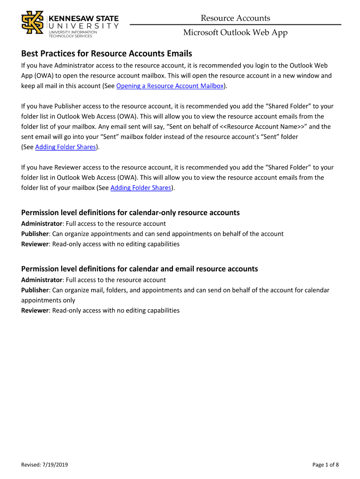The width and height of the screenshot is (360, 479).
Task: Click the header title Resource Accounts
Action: pos(235,18)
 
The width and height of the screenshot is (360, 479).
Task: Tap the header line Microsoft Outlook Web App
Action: pos(235,32)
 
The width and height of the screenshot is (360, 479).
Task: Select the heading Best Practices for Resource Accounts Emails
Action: pos(107,53)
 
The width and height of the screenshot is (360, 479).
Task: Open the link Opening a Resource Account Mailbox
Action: pos(170,86)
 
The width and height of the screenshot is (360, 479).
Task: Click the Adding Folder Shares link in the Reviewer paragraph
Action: pos(140,188)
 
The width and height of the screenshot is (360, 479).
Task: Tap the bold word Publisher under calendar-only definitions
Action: pos(35,234)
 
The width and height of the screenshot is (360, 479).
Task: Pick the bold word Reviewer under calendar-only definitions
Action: pos(35,244)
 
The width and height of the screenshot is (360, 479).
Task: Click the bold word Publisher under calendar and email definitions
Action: pos(35,290)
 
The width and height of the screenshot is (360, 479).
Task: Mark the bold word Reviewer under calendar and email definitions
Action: pos(35,311)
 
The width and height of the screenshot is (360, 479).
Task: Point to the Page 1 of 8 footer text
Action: pos(325,464)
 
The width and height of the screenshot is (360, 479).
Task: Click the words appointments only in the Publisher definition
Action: pos(48,300)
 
